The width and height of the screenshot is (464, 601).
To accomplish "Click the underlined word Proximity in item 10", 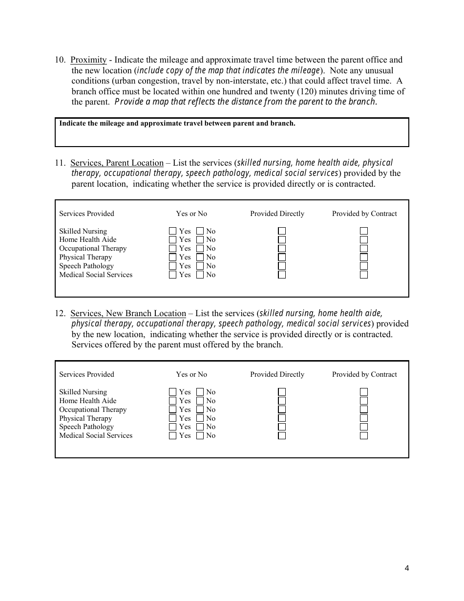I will [88, 60].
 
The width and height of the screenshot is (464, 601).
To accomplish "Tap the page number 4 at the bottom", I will [407, 568].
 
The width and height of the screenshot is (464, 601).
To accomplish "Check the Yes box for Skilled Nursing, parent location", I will [172, 231].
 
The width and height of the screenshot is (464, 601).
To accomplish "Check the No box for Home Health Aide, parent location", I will [200, 240].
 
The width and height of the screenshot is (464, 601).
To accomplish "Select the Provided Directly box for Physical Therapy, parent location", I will [282, 258].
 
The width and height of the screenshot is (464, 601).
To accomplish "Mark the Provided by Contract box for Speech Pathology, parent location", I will [364, 266].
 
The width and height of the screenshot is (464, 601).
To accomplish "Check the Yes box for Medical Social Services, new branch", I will [172, 436].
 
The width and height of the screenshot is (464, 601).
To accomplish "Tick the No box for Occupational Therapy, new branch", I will [200, 409].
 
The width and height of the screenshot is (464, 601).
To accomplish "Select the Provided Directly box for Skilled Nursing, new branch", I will [282, 392].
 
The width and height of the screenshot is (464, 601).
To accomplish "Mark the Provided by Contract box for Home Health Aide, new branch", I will [364, 401].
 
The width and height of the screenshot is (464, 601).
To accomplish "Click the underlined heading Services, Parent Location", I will [117, 163].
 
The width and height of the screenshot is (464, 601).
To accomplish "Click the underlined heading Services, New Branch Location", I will [128, 314].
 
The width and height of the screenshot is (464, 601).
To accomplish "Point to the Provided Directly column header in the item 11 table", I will [277, 214].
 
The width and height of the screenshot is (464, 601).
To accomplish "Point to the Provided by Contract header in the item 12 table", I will [364, 374].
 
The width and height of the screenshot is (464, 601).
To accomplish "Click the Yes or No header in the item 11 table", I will [191, 214].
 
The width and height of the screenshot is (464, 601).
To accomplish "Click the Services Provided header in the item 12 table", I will [86, 374].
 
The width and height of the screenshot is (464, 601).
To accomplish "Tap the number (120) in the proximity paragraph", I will [283, 91].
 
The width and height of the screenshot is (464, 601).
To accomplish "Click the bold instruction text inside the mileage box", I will [177, 124].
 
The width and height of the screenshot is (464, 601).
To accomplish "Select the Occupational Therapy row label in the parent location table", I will [93, 249].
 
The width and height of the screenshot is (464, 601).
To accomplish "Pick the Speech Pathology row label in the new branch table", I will [86, 427].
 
